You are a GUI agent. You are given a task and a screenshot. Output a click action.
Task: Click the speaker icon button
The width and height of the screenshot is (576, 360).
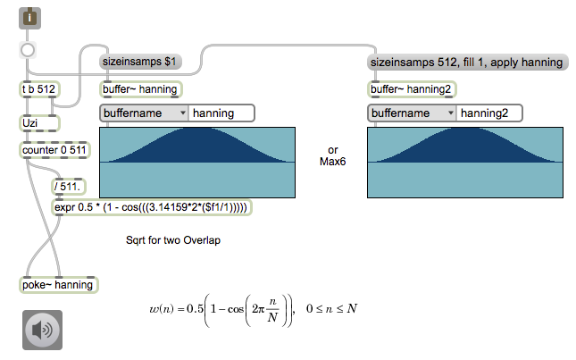(42, 331)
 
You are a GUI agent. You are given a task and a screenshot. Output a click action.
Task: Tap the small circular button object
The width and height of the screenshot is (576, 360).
(29, 51)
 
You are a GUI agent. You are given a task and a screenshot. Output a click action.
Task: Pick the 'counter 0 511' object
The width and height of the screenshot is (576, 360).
(53, 150)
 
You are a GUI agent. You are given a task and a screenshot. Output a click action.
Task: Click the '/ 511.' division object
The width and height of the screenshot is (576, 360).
(68, 187)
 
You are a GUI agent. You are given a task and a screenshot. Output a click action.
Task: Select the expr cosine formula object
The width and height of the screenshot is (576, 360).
(151, 207)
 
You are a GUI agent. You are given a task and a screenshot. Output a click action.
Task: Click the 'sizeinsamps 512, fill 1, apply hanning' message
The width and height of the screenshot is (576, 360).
(467, 62)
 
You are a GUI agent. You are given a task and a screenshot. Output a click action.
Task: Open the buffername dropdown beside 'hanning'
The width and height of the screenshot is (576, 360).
(144, 113)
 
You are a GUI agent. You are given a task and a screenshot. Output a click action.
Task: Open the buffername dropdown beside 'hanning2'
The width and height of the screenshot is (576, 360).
(411, 113)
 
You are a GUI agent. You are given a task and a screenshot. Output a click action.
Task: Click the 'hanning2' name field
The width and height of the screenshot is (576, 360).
(488, 113)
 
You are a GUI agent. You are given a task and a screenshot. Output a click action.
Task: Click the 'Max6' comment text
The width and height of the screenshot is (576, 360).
(333, 162)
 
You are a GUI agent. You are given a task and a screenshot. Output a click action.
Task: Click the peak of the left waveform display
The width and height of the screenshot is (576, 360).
(197, 131)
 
